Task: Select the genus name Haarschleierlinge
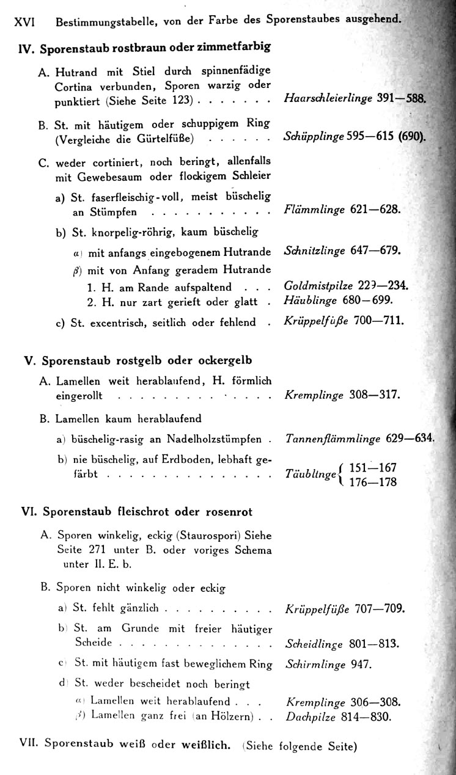pos(328,98)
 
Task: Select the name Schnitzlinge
pos(315,250)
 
